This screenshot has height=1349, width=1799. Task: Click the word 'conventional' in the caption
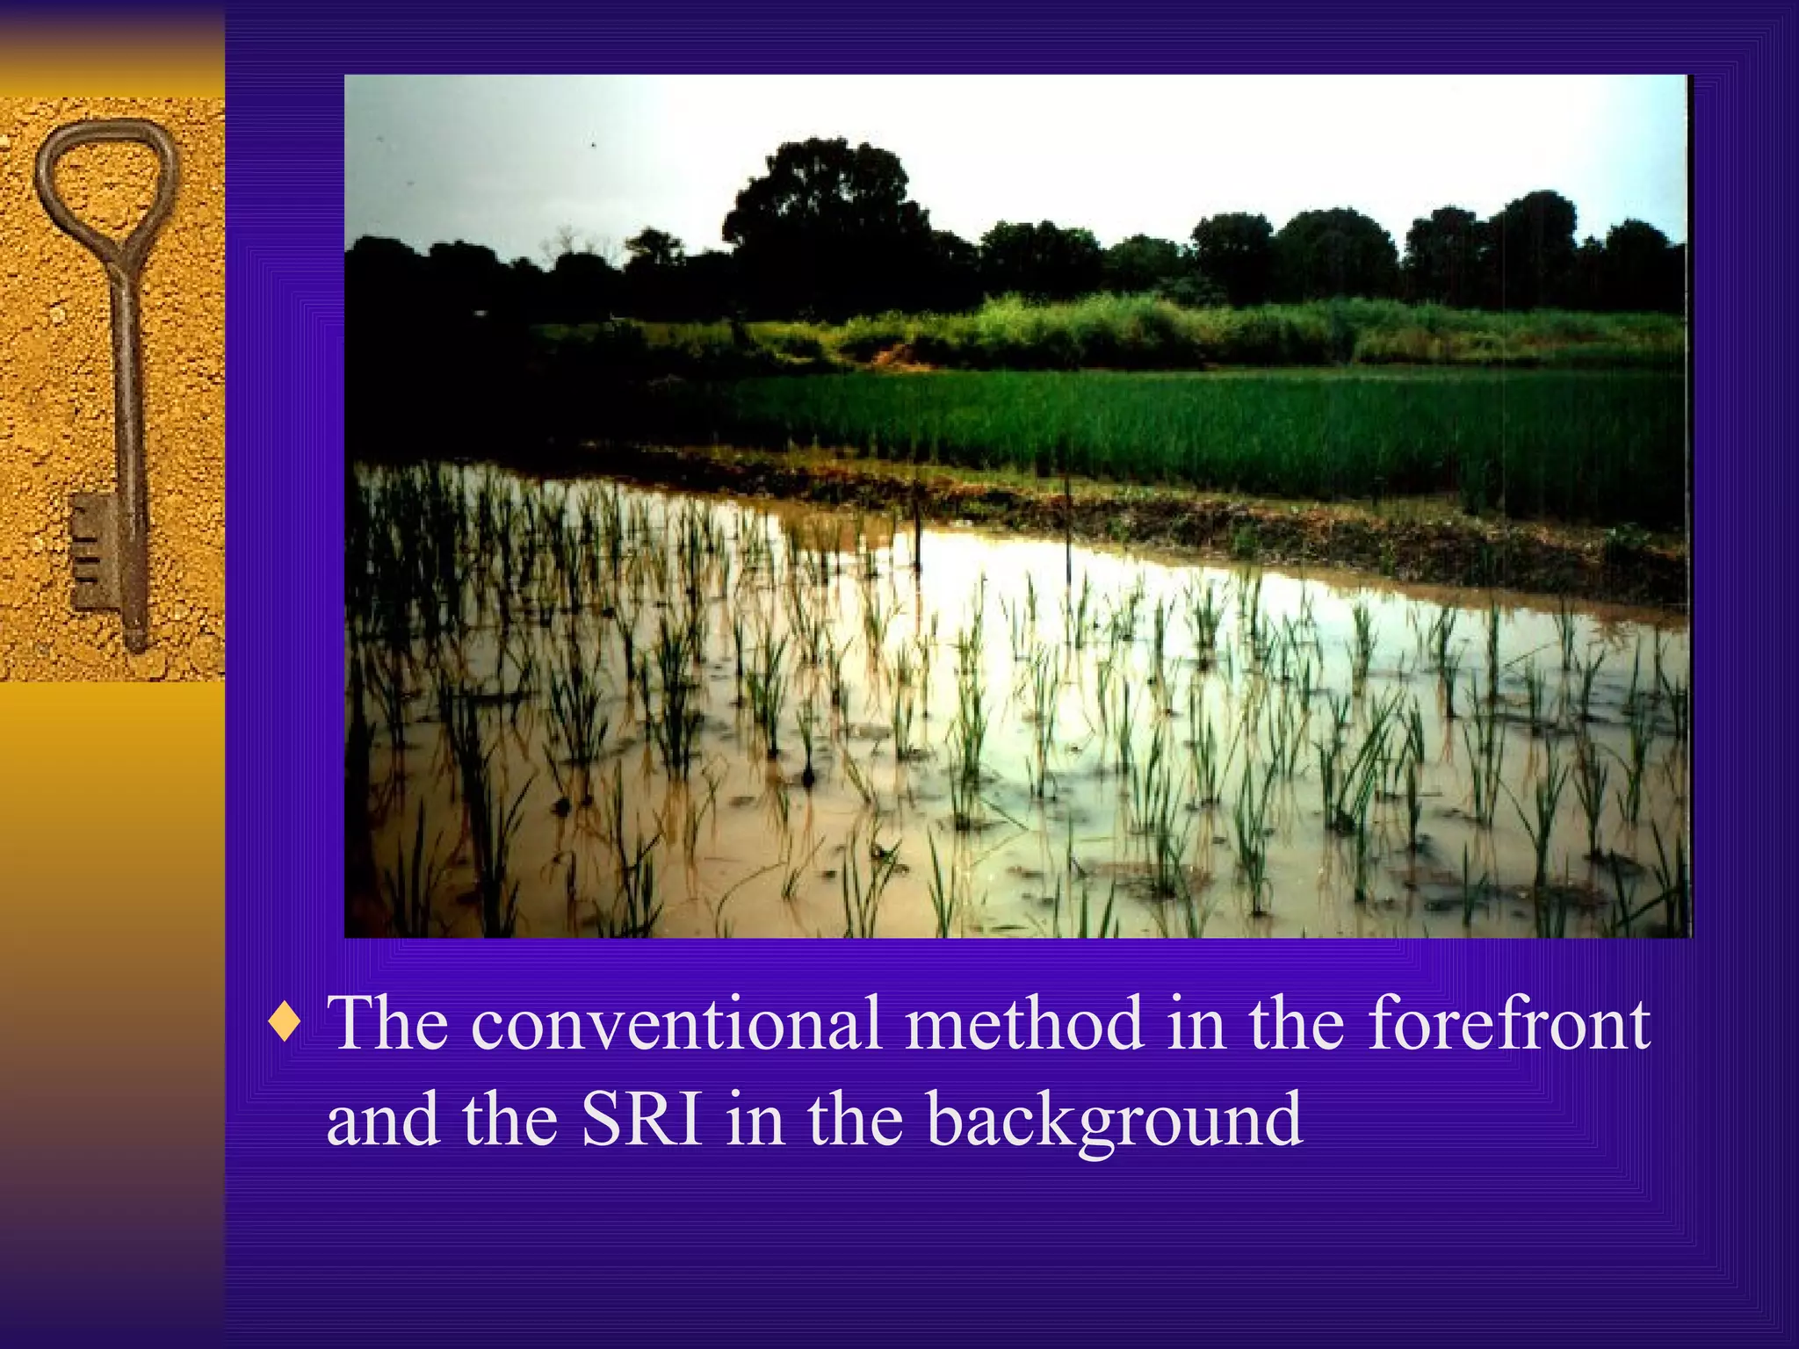pos(676,1024)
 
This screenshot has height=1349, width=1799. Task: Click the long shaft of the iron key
pos(128,395)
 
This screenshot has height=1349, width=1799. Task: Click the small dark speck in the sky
pos(594,142)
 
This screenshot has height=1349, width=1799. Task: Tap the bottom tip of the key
pos(137,646)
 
